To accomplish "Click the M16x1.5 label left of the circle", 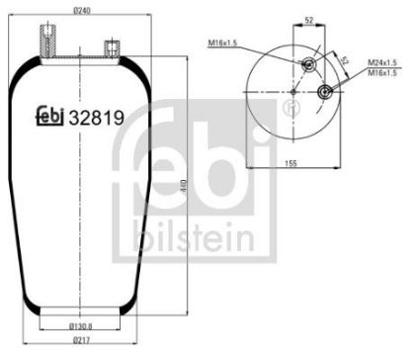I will coord(228,44).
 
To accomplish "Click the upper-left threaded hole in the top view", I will coord(308,66).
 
